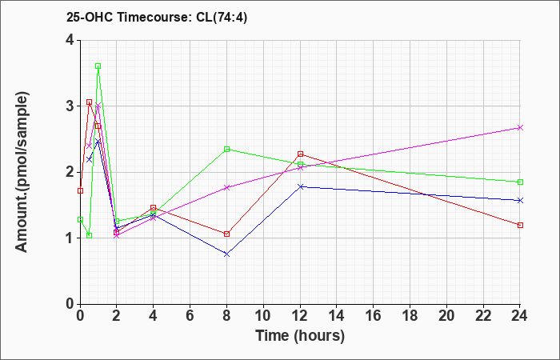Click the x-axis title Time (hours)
tap(300, 336)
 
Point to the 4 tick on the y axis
tap(70, 40)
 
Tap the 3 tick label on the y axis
tap(70, 106)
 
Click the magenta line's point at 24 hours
tap(520, 127)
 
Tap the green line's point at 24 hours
tap(520, 182)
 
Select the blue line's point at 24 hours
tap(520, 200)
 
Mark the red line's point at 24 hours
tap(520, 225)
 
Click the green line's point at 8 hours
tap(227, 149)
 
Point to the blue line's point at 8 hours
tap(227, 254)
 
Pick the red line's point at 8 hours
tap(227, 234)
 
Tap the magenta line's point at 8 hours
tap(227, 187)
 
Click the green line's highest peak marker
tap(98, 66)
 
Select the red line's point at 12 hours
tap(300, 154)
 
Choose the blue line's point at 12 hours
tap(300, 186)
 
